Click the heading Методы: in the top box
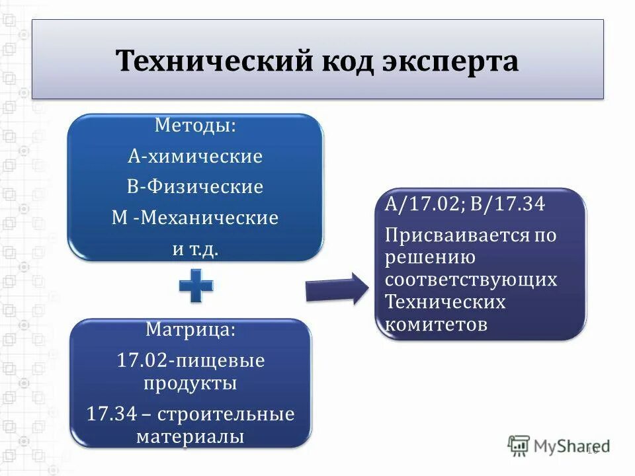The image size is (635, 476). point(195,126)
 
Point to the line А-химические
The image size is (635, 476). point(195,157)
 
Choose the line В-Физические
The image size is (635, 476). point(195,187)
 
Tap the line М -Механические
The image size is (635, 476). point(195,218)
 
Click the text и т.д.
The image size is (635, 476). point(195,249)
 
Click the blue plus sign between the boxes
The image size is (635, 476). point(196,286)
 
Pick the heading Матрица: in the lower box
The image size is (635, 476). point(190,329)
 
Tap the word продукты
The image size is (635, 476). point(190,383)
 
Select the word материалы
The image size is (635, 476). point(190,436)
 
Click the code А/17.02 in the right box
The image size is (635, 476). point(423,204)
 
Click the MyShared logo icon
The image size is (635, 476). point(519,445)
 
